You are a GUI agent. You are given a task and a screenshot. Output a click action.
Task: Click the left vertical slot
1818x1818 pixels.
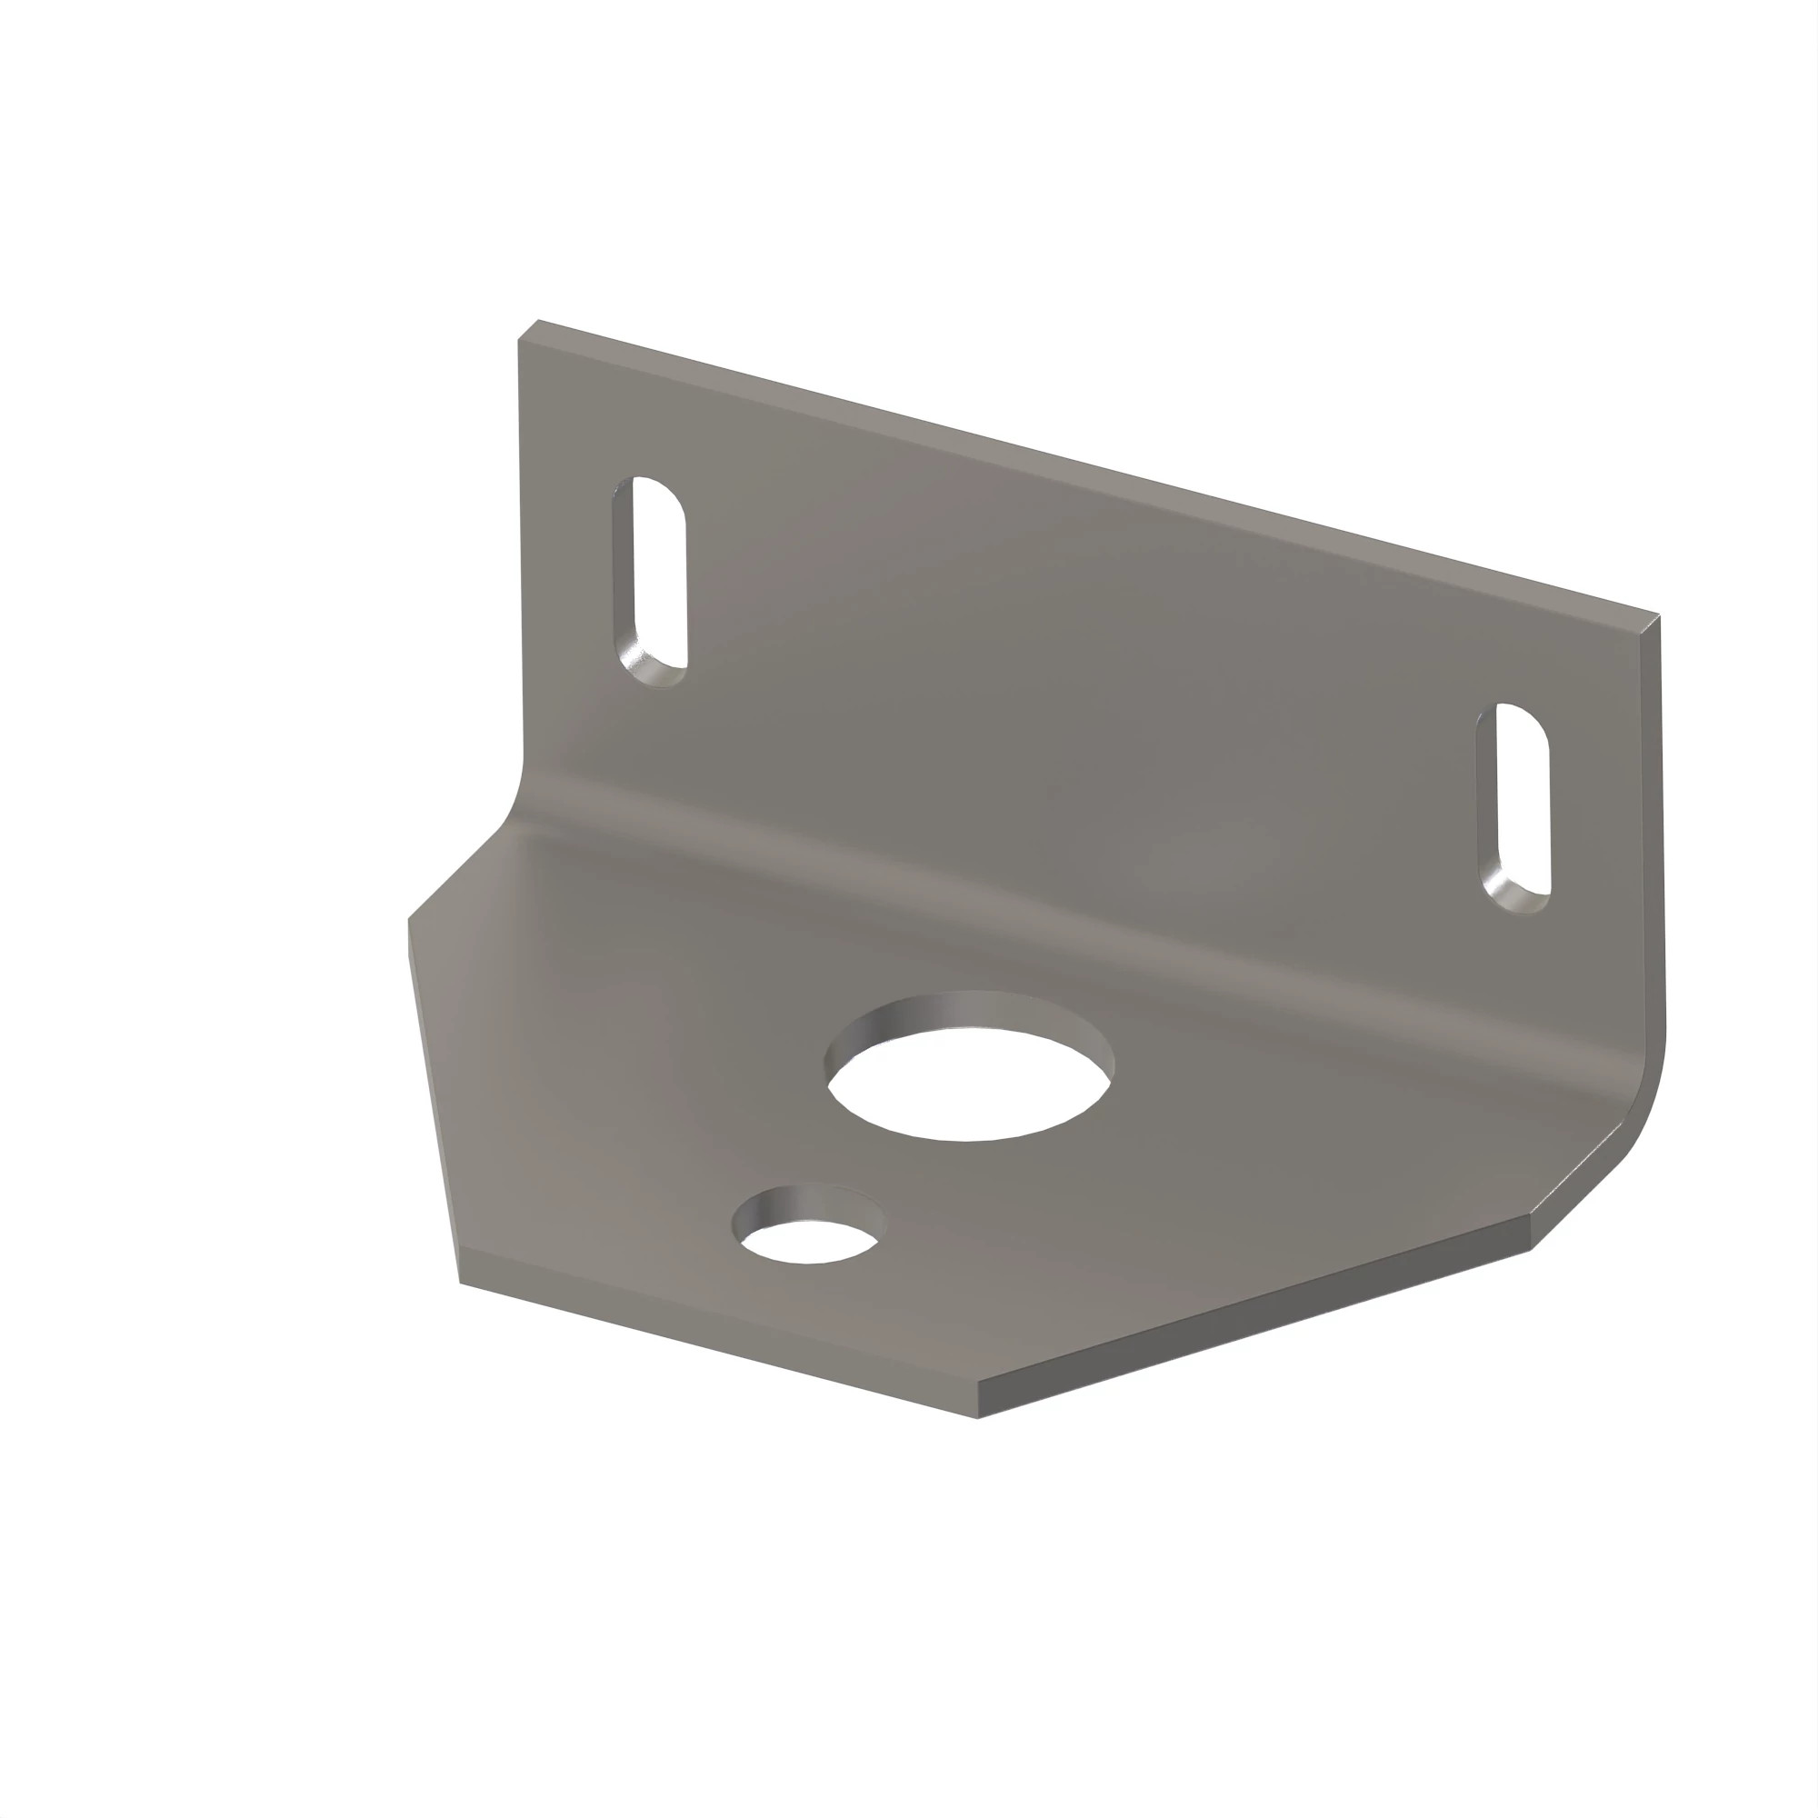pos(650,581)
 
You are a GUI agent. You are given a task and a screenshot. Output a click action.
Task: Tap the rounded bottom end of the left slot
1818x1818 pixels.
pos(653,674)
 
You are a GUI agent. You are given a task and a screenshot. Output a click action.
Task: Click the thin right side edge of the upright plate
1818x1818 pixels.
pos(1653,847)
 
